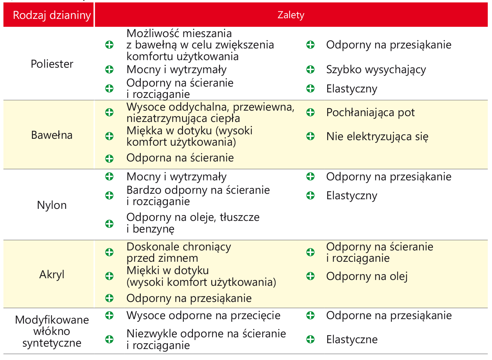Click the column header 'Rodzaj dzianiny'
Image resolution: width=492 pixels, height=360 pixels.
52,15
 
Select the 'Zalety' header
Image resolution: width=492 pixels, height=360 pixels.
291,15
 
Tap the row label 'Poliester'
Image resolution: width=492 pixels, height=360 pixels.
52,64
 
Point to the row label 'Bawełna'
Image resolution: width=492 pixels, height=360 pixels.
52,135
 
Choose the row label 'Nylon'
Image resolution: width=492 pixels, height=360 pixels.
52,205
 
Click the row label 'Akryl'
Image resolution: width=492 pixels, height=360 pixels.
52,274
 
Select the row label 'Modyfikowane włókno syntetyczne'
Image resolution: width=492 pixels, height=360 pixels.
52,331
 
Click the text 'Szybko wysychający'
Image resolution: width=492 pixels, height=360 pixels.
376,70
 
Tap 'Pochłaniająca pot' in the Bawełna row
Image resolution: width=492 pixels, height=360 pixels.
370,113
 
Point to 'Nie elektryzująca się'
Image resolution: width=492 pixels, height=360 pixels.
377,137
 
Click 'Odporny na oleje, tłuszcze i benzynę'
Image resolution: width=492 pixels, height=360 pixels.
193,223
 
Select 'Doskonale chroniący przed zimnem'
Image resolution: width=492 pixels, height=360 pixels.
179,252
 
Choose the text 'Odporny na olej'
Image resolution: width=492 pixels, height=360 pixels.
367,276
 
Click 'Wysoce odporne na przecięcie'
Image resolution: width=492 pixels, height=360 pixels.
203,315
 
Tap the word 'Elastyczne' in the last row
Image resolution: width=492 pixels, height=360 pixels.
352,340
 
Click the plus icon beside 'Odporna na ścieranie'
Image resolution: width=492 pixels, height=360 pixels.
109,158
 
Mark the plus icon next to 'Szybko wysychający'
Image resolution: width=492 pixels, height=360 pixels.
310,70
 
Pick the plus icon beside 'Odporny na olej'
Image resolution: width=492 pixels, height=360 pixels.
310,276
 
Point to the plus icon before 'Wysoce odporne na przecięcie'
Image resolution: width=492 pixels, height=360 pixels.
109,315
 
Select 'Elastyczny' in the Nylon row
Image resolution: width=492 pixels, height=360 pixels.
352,196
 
